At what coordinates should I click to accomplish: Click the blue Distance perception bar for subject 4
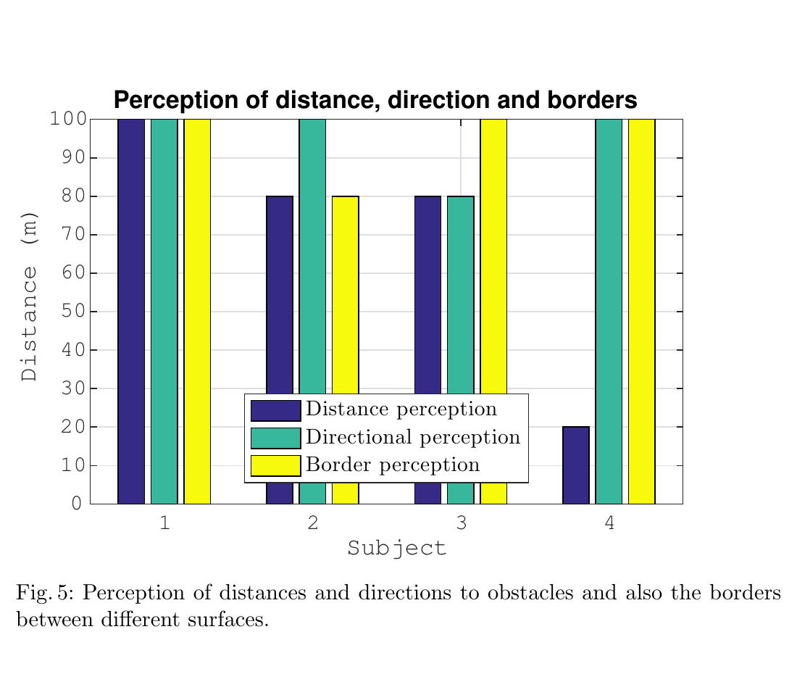tap(576, 465)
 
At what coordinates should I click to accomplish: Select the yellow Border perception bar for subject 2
tap(346, 290)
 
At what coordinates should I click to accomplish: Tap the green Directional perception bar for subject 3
tap(461, 290)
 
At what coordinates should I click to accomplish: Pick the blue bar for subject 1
tap(131, 312)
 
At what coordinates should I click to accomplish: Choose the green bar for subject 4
tap(609, 312)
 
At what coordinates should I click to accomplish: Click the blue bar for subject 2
tap(280, 290)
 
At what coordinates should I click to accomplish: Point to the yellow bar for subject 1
tap(197, 312)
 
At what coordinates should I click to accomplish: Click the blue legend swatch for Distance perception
tap(275, 410)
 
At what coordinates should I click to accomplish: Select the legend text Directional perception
tap(413, 437)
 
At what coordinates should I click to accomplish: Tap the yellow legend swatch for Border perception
tap(275, 465)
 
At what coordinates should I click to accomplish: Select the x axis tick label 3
tap(462, 523)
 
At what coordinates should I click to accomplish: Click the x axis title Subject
tap(396, 548)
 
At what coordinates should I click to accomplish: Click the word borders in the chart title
tap(590, 101)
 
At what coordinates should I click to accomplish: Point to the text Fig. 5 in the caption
tap(43, 594)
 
